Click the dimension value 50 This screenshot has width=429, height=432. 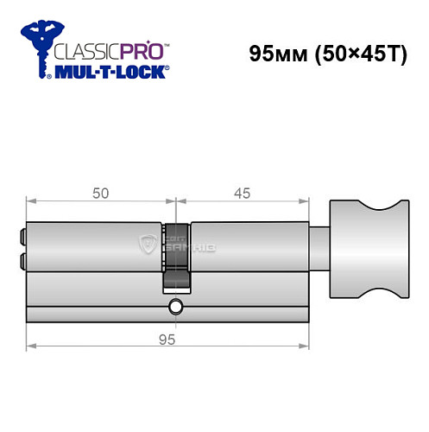100,194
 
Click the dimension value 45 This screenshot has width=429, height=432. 243,194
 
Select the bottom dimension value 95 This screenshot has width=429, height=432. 168,339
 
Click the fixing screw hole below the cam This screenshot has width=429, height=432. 176,306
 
